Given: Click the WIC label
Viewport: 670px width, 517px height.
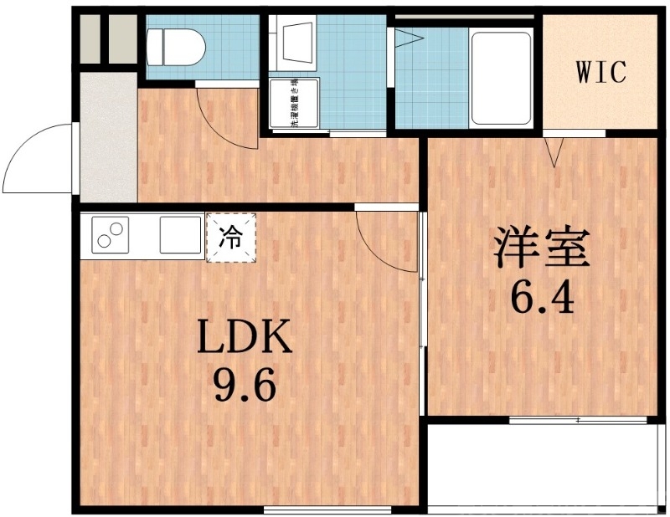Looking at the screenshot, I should [600, 73].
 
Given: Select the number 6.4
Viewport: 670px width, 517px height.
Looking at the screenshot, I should [542, 298].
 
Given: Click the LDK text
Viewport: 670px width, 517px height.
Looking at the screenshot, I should [245, 338].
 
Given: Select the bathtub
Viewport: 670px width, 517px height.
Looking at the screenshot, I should [501, 77].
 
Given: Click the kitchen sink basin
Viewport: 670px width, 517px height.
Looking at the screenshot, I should [179, 235].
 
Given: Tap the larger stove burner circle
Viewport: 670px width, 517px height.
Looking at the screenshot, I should [117, 228].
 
